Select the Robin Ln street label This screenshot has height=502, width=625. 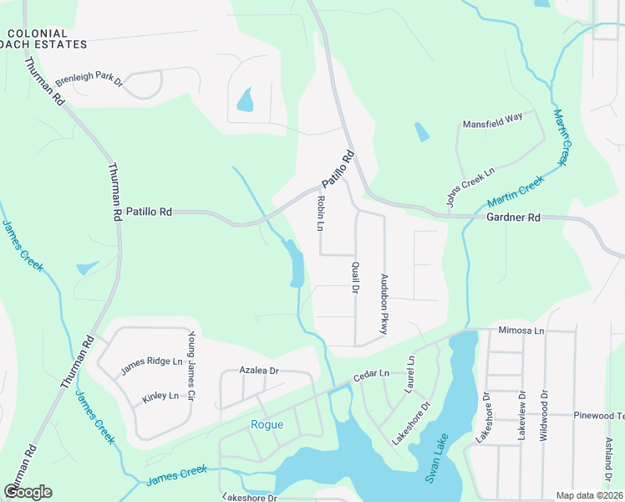[319, 213]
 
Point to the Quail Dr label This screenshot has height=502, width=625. [354, 277]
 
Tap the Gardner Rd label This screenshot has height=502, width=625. [513, 218]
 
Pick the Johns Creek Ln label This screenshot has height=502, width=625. [470, 187]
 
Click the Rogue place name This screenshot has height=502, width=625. [267, 424]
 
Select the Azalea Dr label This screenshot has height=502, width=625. [258, 370]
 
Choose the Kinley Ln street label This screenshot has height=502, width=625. [160, 396]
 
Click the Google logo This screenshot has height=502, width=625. [28, 492]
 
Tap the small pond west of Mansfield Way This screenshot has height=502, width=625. [421, 132]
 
